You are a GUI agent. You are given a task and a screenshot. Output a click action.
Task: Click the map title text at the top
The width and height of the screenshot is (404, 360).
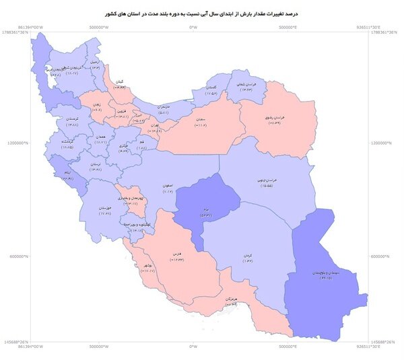click(x=202, y=13)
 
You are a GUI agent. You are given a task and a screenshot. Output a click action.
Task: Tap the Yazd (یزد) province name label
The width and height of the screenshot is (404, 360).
click(x=200, y=210)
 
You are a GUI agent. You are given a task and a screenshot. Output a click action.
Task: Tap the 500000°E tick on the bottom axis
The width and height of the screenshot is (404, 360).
click(x=288, y=347)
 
